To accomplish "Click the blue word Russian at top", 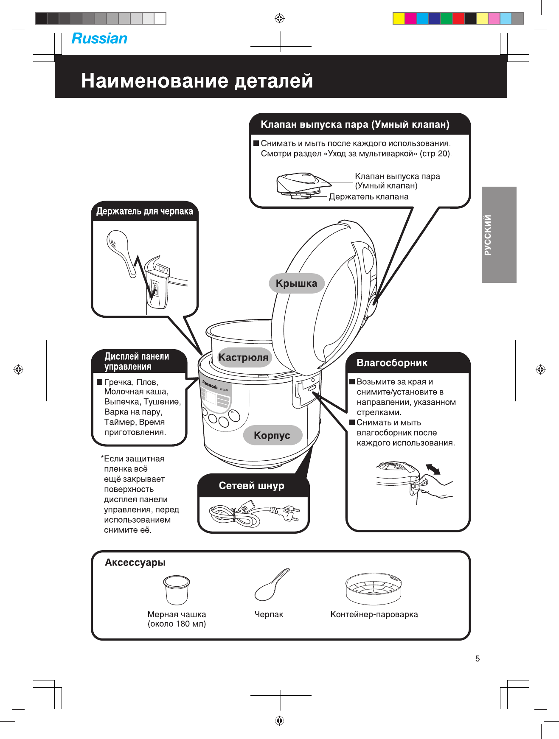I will [99, 39].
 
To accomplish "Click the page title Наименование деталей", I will [197, 81].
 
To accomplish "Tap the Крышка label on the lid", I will [296, 283].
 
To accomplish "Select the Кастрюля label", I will [243, 357].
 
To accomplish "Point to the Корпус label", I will [272, 435].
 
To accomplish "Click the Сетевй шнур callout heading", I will [251, 486].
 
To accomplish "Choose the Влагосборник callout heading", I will [392, 363].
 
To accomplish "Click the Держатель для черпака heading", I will [144, 211].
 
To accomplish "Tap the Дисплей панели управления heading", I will [137, 361].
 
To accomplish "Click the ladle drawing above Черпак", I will [271, 584].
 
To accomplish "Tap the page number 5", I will [478, 658].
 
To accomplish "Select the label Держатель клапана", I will [368, 197].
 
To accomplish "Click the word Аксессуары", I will [135, 563].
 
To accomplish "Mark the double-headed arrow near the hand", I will [433, 469].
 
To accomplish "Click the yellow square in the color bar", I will [399, 18].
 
